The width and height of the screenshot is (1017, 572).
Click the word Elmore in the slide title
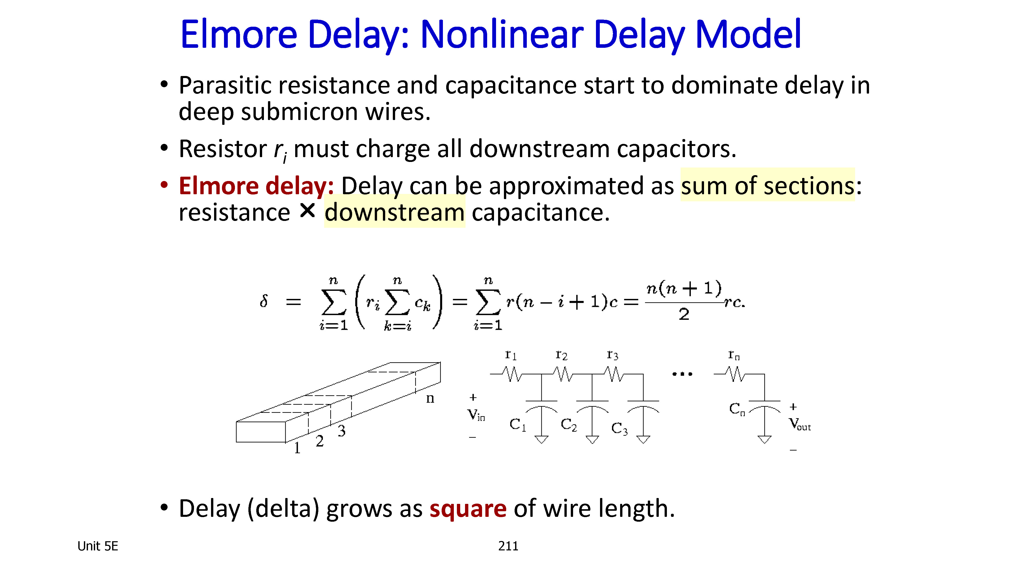(x=238, y=35)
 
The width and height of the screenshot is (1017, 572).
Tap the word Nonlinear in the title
(x=502, y=35)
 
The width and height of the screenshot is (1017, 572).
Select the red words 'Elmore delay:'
(x=256, y=186)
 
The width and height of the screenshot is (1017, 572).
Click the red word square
(x=468, y=508)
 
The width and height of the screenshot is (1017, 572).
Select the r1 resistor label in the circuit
(x=511, y=354)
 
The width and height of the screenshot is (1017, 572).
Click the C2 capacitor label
(x=569, y=425)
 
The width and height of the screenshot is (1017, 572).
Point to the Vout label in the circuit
(x=799, y=424)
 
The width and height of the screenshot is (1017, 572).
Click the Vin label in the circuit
(x=476, y=414)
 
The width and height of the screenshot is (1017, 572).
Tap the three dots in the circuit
(x=682, y=374)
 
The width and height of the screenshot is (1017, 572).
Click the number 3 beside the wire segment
(x=341, y=431)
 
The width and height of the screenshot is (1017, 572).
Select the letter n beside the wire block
(x=430, y=398)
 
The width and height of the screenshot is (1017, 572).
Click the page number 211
(x=508, y=546)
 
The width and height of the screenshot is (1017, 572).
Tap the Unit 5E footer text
(x=98, y=546)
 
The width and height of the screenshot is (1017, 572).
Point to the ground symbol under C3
(x=643, y=439)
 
